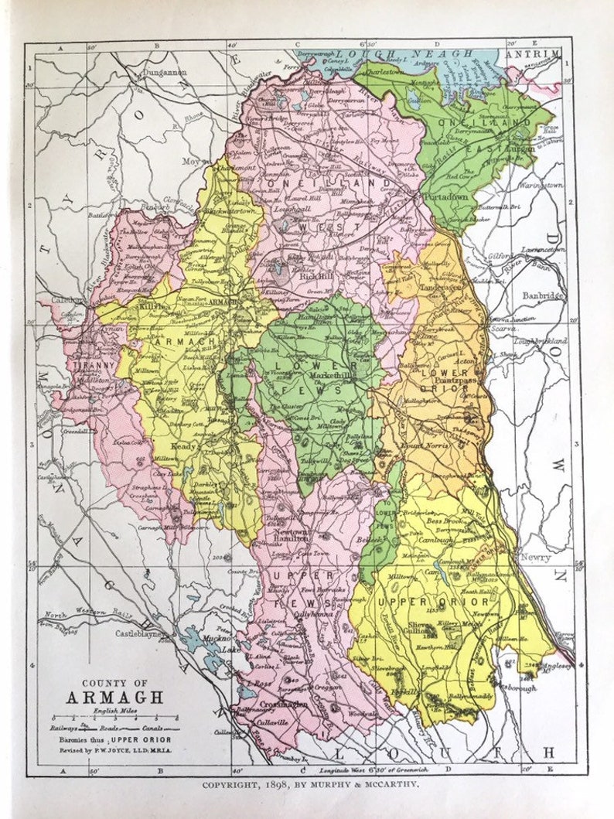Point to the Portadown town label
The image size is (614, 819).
[x=446, y=197]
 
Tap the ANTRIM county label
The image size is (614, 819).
[x=531, y=53]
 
